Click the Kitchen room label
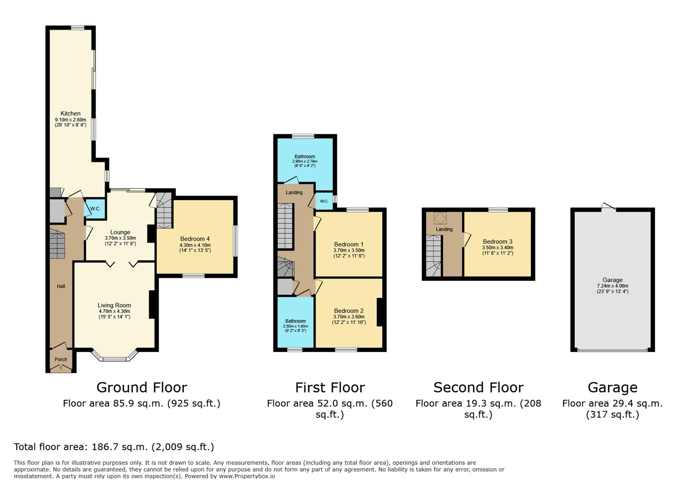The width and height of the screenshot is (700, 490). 70,113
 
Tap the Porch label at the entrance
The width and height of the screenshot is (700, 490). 61,359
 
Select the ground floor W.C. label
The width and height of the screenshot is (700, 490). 95,209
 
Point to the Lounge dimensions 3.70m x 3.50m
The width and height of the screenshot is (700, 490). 120,238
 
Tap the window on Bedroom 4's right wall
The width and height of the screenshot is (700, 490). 236,241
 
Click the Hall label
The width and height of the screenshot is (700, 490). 61,286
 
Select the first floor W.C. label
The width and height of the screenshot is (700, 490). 324,201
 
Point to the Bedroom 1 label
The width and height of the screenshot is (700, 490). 349,244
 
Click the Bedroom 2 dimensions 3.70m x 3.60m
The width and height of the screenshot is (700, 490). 349,316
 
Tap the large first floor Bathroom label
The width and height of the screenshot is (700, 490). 305,157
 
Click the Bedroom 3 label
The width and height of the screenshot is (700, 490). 497,241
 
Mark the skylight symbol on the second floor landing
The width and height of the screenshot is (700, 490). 440,218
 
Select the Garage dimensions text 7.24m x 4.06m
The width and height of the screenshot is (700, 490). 612,286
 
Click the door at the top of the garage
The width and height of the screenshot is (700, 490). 609,206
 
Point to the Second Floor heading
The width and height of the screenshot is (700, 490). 478,387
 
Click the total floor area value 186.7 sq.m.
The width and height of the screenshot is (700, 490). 119,447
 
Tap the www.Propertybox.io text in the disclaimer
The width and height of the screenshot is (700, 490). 247,476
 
